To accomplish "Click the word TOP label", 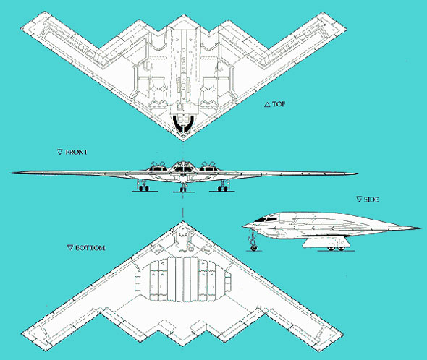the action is [279, 104].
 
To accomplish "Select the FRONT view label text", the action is [76, 152].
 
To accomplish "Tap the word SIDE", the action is [371, 200].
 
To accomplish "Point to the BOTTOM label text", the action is [90, 248].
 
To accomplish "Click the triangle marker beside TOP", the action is [267, 104].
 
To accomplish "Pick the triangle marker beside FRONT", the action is [60, 152].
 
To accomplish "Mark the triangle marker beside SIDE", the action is [359, 200].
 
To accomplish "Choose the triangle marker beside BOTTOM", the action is [70, 248].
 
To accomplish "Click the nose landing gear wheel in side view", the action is [254, 248].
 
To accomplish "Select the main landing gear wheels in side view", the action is [336, 248].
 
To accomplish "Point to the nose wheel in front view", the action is [183, 189].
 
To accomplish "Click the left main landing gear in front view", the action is [144, 186].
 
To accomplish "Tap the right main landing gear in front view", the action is [224, 186].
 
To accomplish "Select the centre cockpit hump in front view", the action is [183, 166].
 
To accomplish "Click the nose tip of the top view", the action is [183, 140].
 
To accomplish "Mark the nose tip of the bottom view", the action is [183, 221].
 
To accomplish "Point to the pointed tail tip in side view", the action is [421, 228].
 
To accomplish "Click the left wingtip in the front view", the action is [10, 173].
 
